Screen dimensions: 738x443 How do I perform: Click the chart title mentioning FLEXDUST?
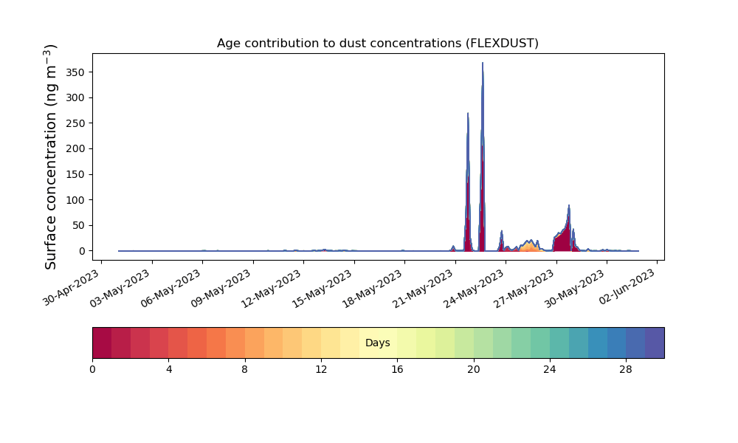point(377,44)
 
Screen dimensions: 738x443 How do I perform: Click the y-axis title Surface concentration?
point(50,157)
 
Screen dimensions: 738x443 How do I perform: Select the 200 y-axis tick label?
point(75,148)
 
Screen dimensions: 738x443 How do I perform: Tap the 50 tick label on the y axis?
point(79,225)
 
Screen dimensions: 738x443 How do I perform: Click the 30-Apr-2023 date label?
point(72,288)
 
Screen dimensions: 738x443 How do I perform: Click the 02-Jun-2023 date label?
point(627,286)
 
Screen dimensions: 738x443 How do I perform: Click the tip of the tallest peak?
point(483,63)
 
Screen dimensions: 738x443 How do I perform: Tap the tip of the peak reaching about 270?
point(468,113)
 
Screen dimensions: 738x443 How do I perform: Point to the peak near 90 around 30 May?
point(569,205)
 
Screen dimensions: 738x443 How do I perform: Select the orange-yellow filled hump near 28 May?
point(529,246)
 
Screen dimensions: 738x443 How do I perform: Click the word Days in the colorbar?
point(377,343)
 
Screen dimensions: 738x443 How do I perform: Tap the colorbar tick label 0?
point(93,370)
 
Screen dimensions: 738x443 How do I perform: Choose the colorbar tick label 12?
point(321,370)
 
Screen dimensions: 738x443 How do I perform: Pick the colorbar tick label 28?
point(626,370)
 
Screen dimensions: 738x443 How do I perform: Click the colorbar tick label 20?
point(474,370)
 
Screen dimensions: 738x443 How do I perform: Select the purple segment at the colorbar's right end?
point(655,343)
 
